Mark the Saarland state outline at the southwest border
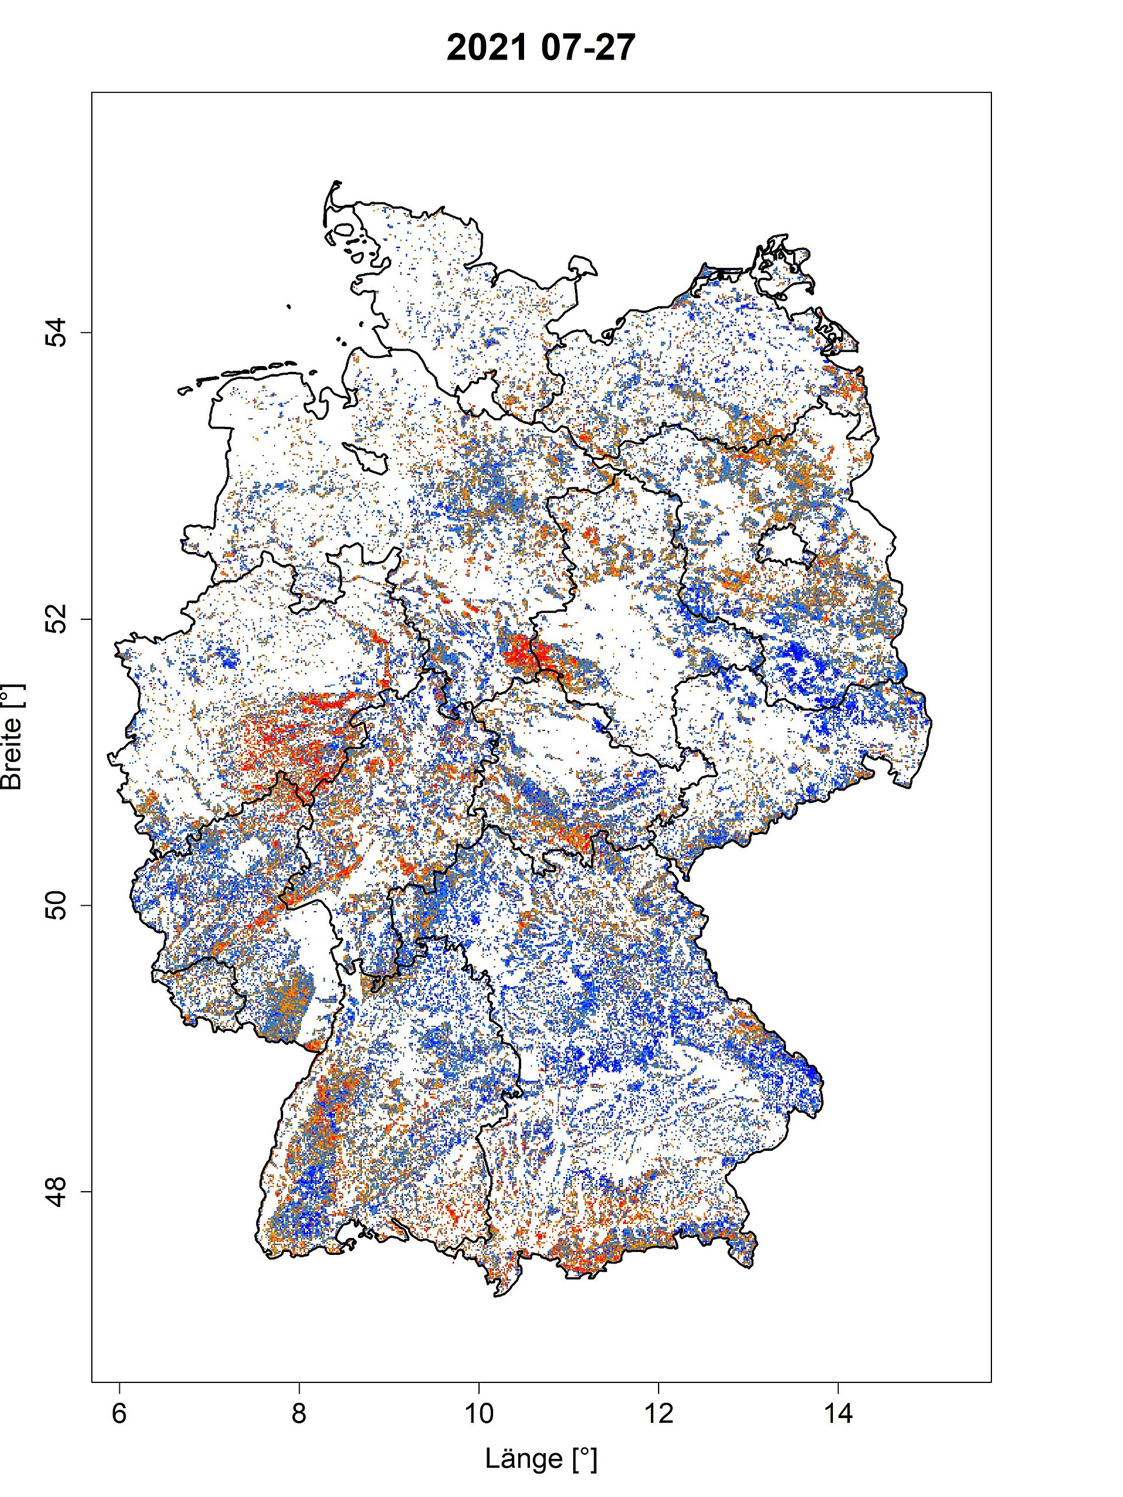(x=197, y=991)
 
